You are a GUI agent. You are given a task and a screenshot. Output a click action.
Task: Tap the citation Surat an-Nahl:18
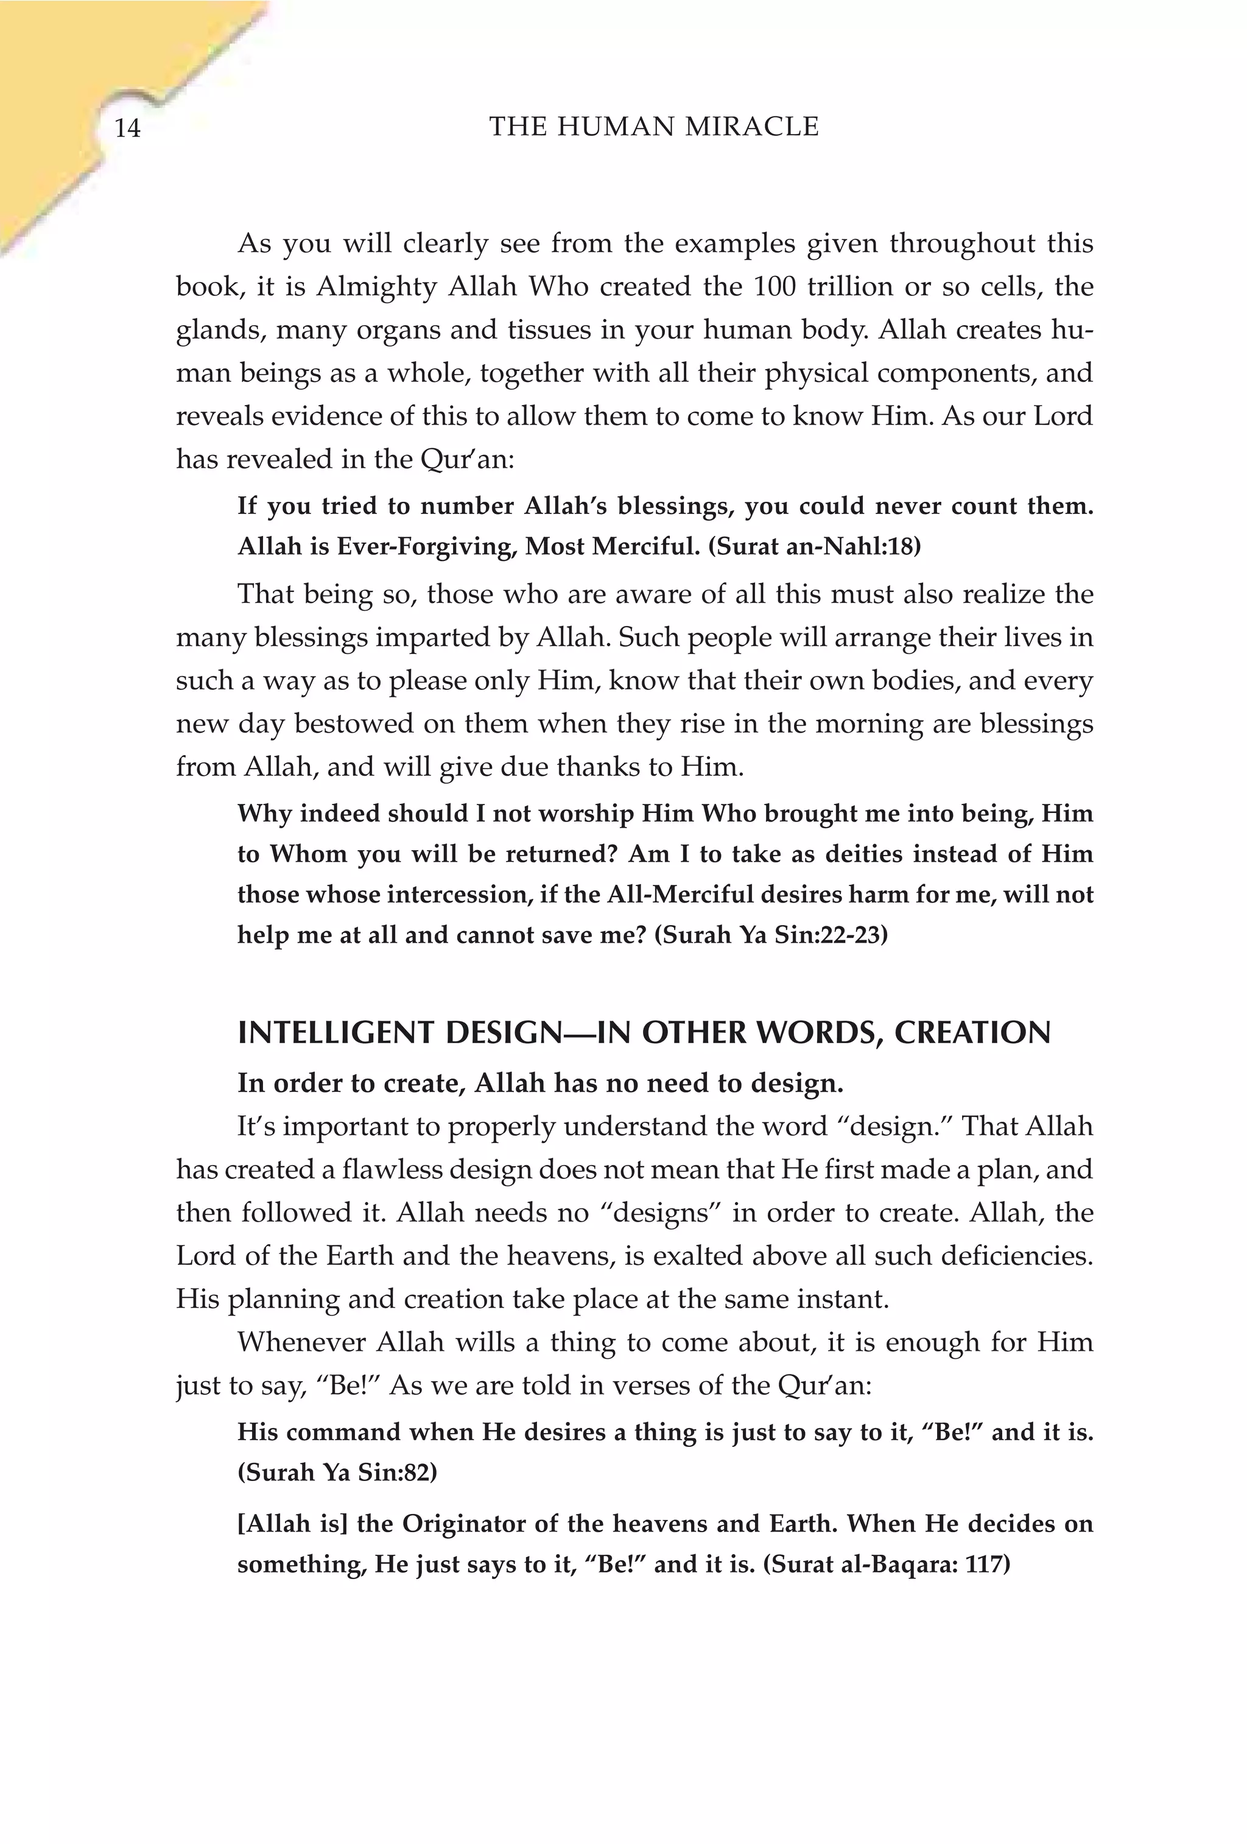tap(814, 547)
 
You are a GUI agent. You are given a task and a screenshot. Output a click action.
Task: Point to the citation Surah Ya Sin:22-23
tap(771, 935)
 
